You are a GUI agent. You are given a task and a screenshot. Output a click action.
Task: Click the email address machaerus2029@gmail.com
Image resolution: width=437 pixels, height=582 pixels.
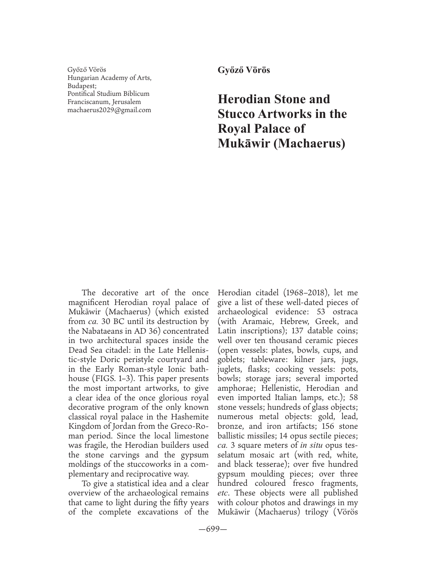click(109, 110)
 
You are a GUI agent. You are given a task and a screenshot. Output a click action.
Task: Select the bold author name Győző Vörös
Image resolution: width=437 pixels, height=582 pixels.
click(243, 70)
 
